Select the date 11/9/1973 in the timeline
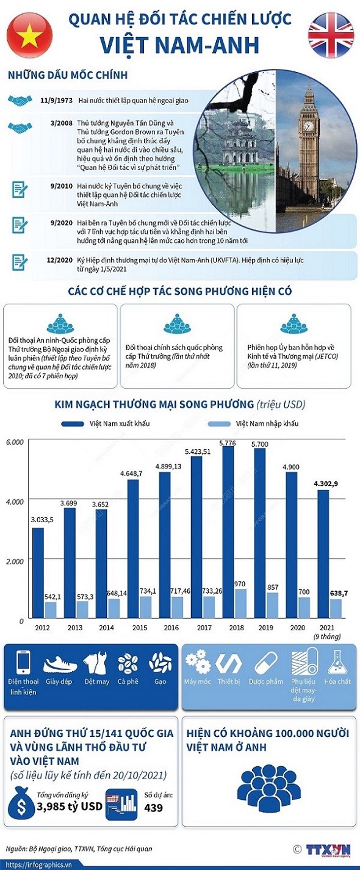[x=57, y=99]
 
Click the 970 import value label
[x=240, y=584]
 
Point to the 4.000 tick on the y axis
[x=15, y=501]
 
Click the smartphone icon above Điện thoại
[x=23, y=663]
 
